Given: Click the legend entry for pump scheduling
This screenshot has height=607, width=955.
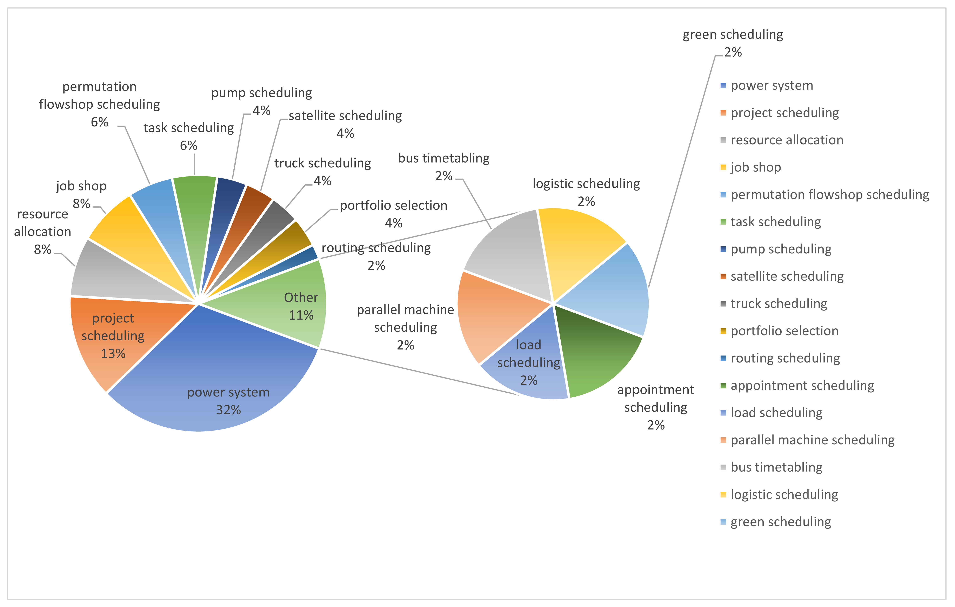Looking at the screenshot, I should [781, 249].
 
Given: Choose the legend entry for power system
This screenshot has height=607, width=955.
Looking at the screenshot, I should [771, 86].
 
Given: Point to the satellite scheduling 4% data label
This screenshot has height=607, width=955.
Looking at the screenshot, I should [345, 124].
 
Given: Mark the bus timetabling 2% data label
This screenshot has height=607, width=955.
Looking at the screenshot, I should [443, 167].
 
